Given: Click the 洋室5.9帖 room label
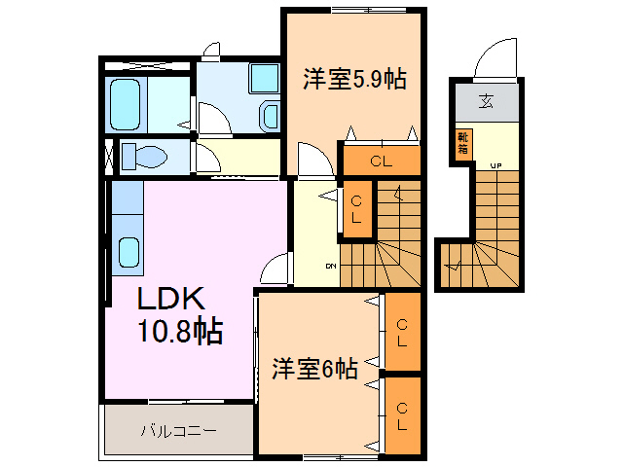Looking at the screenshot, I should click(353, 79).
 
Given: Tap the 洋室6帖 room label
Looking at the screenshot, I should click(314, 369).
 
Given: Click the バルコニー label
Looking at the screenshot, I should click(178, 429).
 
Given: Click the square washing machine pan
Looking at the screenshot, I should click(263, 78).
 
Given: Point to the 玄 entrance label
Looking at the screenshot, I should click(484, 98).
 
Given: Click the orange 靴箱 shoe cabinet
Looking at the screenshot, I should click(461, 143).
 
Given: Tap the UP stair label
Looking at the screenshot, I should click(495, 164).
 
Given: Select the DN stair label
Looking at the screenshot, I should click(331, 266).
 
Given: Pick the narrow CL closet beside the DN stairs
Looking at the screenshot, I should click(356, 209).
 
